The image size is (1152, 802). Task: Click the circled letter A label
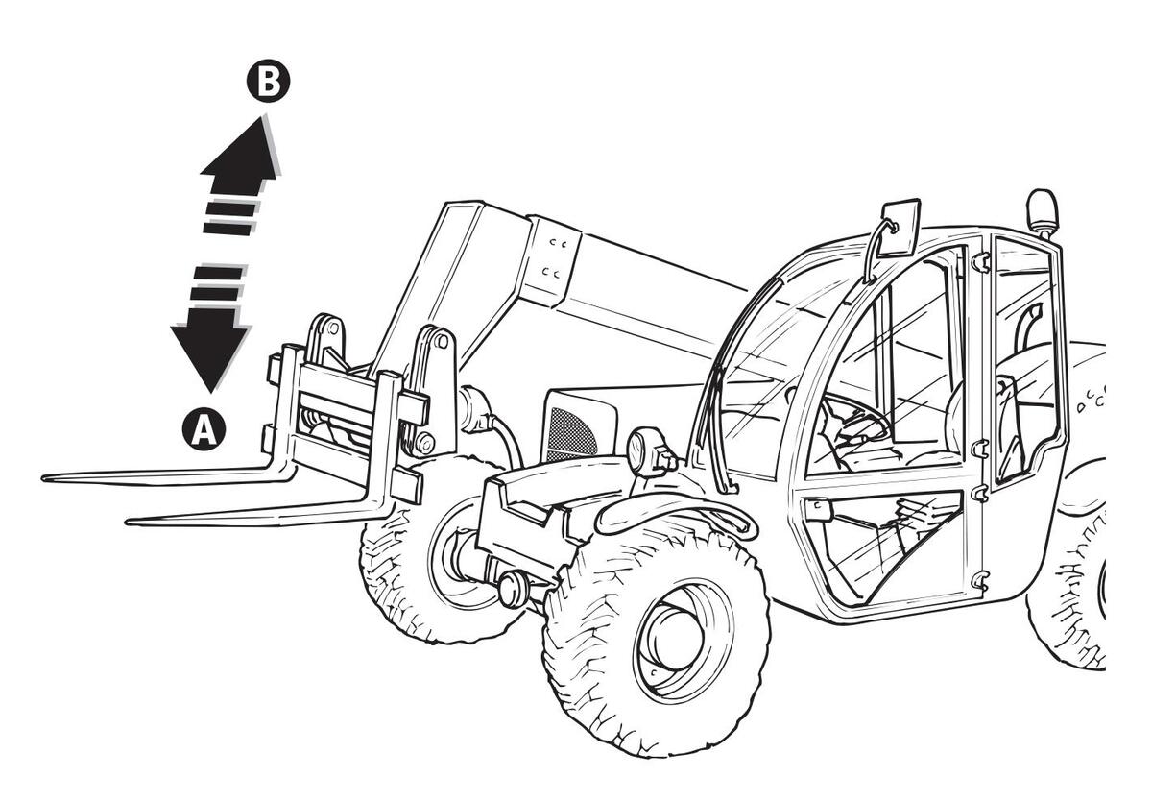(x=204, y=429)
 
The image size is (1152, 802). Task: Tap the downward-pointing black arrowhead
(x=210, y=352)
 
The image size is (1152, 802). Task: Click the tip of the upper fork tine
(x=48, y=477)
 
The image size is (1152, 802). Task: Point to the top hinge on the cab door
(x=980, y=261)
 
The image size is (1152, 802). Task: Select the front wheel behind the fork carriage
(x=422, y=567)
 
